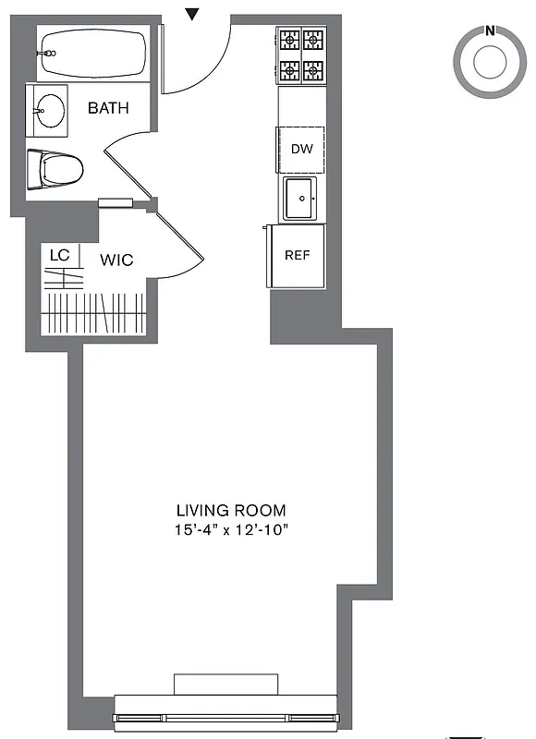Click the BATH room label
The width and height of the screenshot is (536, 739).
108,108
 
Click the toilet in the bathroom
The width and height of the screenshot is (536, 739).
57,169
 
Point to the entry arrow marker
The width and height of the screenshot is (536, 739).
192,13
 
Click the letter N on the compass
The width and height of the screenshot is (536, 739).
489,30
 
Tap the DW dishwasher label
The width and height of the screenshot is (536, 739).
302,149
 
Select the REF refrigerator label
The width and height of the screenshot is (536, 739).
297,255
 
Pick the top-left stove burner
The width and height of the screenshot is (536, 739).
289,41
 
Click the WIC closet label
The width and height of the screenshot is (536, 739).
116,260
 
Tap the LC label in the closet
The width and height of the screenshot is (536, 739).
59,254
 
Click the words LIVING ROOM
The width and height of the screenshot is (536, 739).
231,510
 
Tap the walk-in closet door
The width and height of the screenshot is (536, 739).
184,245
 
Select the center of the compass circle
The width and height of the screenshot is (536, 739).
489,63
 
